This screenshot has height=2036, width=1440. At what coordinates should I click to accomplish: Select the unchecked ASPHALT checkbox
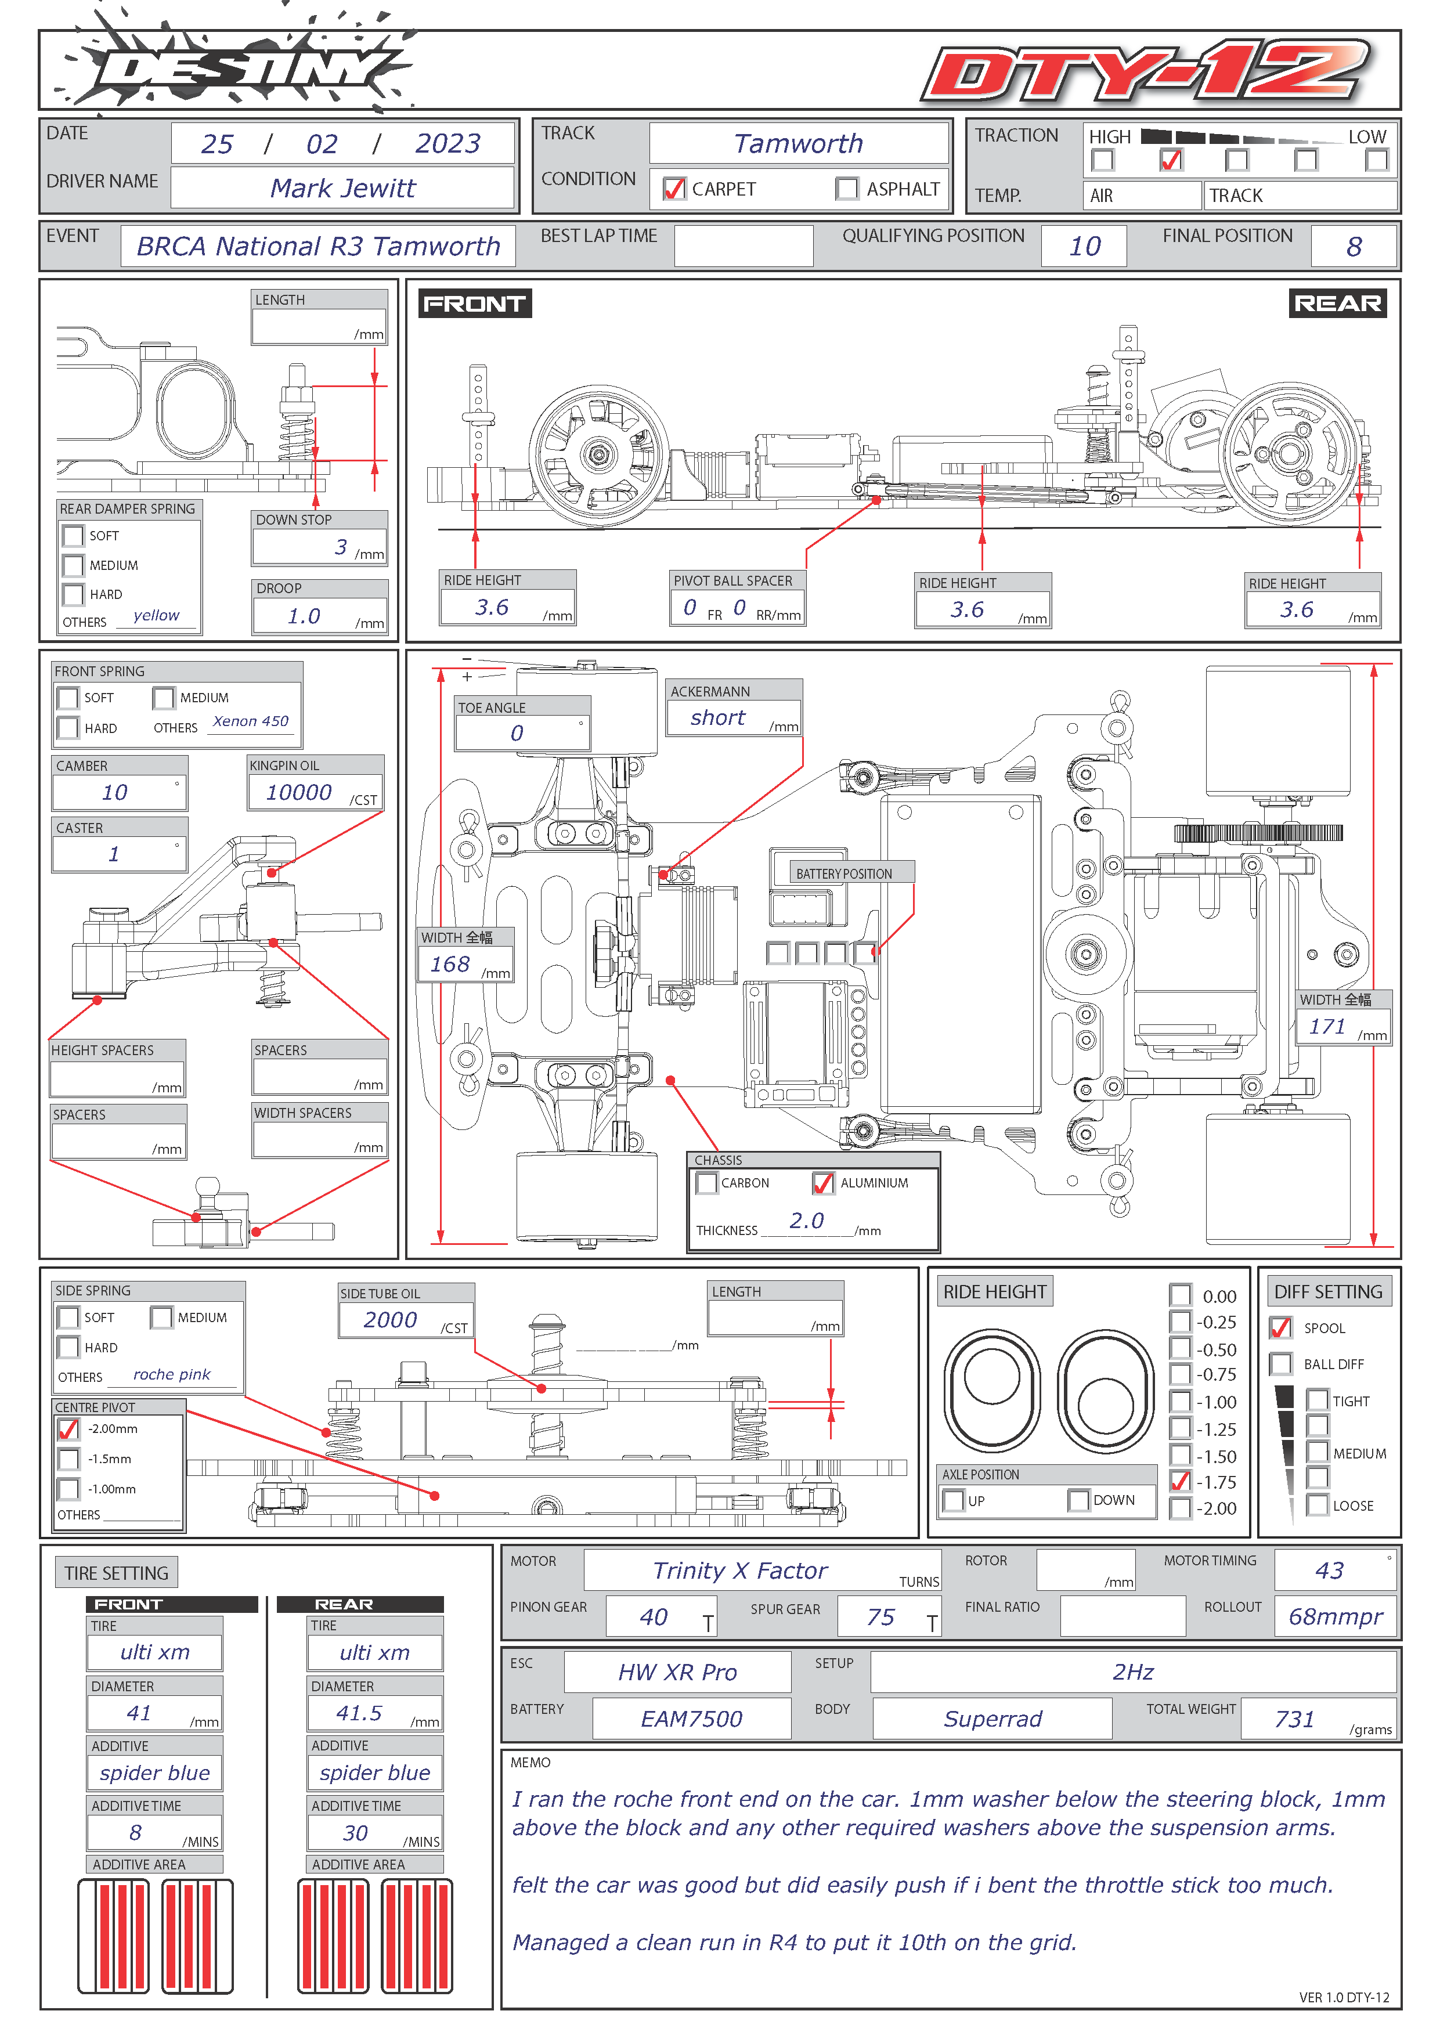click(x=847, y=189)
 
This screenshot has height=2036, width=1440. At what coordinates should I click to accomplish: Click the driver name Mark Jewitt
click(x=342, y=188)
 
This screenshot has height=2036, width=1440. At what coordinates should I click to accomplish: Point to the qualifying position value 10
click(x=1084, y=247)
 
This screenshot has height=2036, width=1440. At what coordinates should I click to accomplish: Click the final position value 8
click(x=1354, y=247)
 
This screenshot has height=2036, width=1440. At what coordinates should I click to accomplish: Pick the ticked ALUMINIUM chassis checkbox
click(x=823, y=1183)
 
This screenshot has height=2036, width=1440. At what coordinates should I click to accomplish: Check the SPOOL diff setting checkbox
click(x=1280, y=1327)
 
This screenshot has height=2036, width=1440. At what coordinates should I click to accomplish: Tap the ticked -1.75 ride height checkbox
click(x=1180, y=1481)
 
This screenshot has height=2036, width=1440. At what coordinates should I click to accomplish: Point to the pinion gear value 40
click(x=654, y=1616)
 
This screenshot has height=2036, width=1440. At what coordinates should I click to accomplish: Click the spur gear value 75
click(x=880, y=1616)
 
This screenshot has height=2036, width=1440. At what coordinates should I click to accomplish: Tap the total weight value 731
click(x=1294, y=1719)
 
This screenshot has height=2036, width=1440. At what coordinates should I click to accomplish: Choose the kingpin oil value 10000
click(x=299, y=792)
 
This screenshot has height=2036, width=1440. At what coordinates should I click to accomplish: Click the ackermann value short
click(x=718, y=717)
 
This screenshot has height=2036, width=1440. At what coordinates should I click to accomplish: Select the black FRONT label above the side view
click(x=474, y=304)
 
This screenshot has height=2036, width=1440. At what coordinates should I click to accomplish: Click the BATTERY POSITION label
click(x=844, y=873)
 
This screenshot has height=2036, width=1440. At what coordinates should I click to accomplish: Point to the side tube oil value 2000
click(x=390, y=1319)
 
